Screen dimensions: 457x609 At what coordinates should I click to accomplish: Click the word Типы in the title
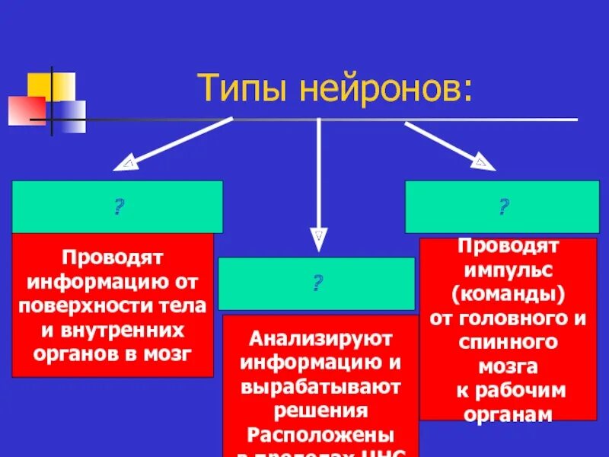coord(242,89)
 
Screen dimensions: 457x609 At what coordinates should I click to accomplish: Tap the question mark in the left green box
coord(118,206)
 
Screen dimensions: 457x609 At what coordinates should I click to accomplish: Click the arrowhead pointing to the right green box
coord(483,162)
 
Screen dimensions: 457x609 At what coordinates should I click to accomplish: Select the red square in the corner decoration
coord(27,110)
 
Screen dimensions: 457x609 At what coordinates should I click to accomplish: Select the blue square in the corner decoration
coord(72,116)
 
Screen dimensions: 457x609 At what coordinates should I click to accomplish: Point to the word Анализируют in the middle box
coord(320,336)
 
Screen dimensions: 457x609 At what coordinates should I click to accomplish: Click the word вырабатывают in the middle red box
coord(320,386)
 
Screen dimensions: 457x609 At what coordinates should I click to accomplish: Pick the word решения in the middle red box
coord(320,411)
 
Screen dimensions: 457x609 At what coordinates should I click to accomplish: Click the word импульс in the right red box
coord(508,270)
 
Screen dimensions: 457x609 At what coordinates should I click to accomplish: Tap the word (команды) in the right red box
coord(508,294)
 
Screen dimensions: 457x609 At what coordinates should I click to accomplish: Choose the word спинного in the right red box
coord(508,342)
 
